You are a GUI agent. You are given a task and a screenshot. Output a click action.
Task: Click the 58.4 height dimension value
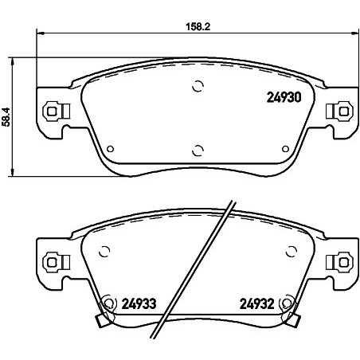coord(7,117)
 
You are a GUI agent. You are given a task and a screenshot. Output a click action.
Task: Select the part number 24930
coord(282,98)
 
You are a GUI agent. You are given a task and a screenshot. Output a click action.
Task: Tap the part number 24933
coord(139,303)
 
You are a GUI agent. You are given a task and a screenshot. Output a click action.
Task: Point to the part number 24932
coord(257,303)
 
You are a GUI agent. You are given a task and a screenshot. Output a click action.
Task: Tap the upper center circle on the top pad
coord(198,88)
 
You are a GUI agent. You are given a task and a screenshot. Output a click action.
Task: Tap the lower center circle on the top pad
coord(198,147)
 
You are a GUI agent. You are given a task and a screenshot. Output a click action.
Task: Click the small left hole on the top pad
coord(110,147)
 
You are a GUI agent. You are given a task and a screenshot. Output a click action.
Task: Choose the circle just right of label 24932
coord(288,302)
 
